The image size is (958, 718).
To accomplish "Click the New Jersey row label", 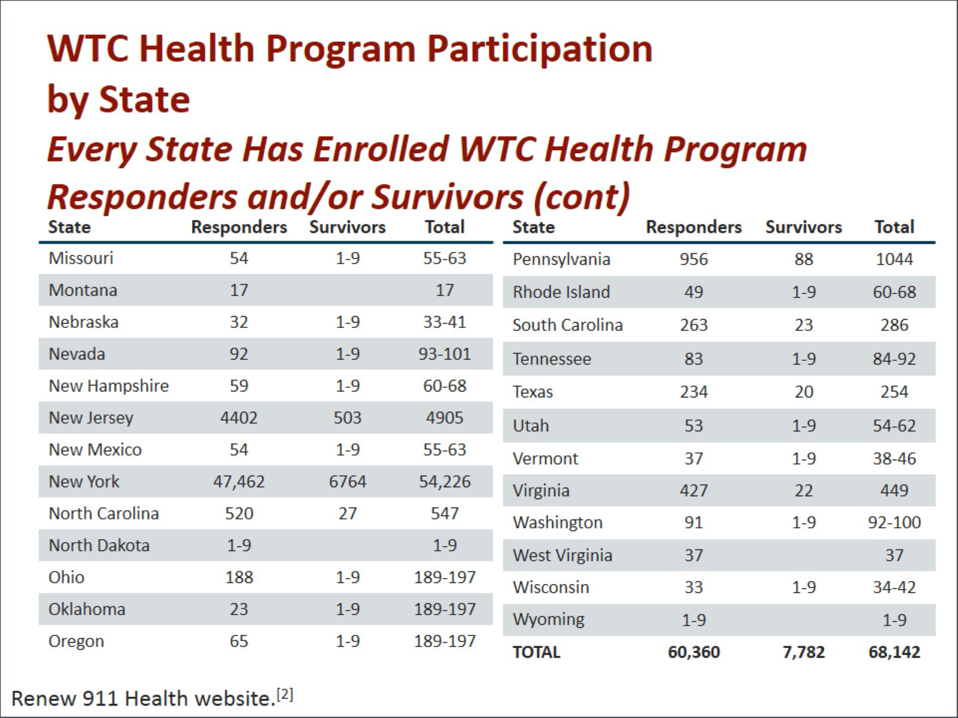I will pyautogui.click(x=91, y=418).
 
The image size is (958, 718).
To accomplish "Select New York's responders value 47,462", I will pyautogui.click(x=239, y=482).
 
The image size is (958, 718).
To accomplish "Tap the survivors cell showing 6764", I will pyautogui.click(x=347, y=482).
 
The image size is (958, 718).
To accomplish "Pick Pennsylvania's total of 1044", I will pyautogui.click(x=894, y=259).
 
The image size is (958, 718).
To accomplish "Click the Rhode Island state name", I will pyautogui.click(x=561, y=292).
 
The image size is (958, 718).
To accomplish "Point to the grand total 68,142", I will pyautogui.click(x=894, y=652).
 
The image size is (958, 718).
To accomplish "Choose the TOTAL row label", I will pyautogui.click(x=536, y=652).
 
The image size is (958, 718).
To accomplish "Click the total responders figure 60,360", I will pyautogui.click(x=694, y=652).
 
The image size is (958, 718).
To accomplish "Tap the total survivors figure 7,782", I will pyautogui.click(x=803, y=652).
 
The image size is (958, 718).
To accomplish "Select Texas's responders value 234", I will pyautogui.click(x=694, y=392).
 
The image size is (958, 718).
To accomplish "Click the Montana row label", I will pyautogui.click(x=83, y=290).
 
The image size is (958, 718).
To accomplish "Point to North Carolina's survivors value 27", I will pyautogui.click(x=347, y=513).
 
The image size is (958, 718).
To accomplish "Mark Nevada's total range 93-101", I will pyautogui.click(x=445, y=354).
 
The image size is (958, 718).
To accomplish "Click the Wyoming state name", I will pyautogui.click(x=548, y=619).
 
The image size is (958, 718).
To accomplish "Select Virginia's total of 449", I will pyautogui.click(x=894, y=491).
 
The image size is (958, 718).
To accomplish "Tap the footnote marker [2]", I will pyautogui.click(x=285, y=694).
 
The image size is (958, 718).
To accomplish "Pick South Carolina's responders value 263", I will pyautogui.click(x=694, y=325).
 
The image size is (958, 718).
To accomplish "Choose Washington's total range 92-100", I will pyautogui.click(x=894, y=522).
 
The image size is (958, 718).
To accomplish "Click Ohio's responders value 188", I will pyautogui.click(x=239, y=577).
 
